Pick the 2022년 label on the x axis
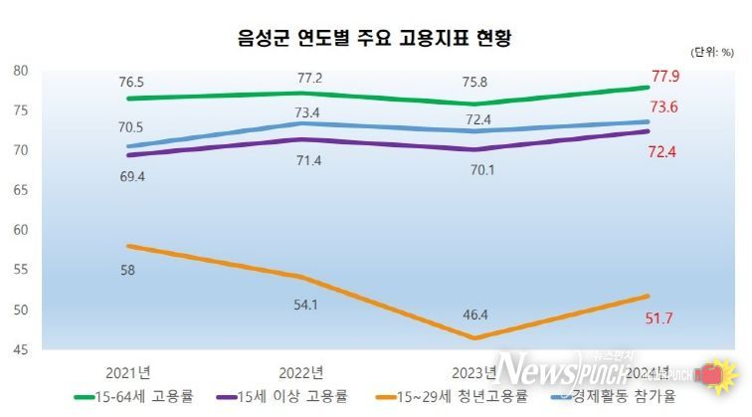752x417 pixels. (x=300, y=373)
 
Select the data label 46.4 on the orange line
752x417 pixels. (x=474, y=314)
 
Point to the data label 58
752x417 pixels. (x=128, y=271)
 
